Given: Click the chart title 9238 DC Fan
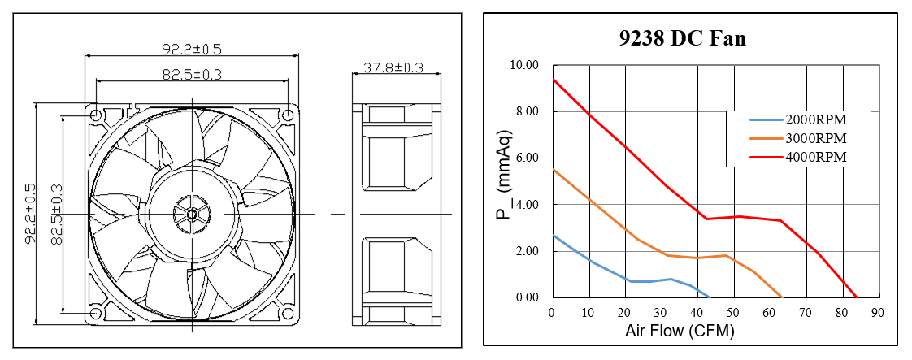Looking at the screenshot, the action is (682, 38).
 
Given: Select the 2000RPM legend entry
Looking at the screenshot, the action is (798, 120).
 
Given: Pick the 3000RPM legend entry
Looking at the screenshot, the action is (798, 138).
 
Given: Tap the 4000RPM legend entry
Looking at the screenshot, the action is (798, 157).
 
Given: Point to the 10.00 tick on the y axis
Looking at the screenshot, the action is (525, 64).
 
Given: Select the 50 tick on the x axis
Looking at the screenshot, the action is (733, 312).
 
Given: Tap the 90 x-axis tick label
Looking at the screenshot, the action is (878, 312).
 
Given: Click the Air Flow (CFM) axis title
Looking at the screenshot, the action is (680, 332).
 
